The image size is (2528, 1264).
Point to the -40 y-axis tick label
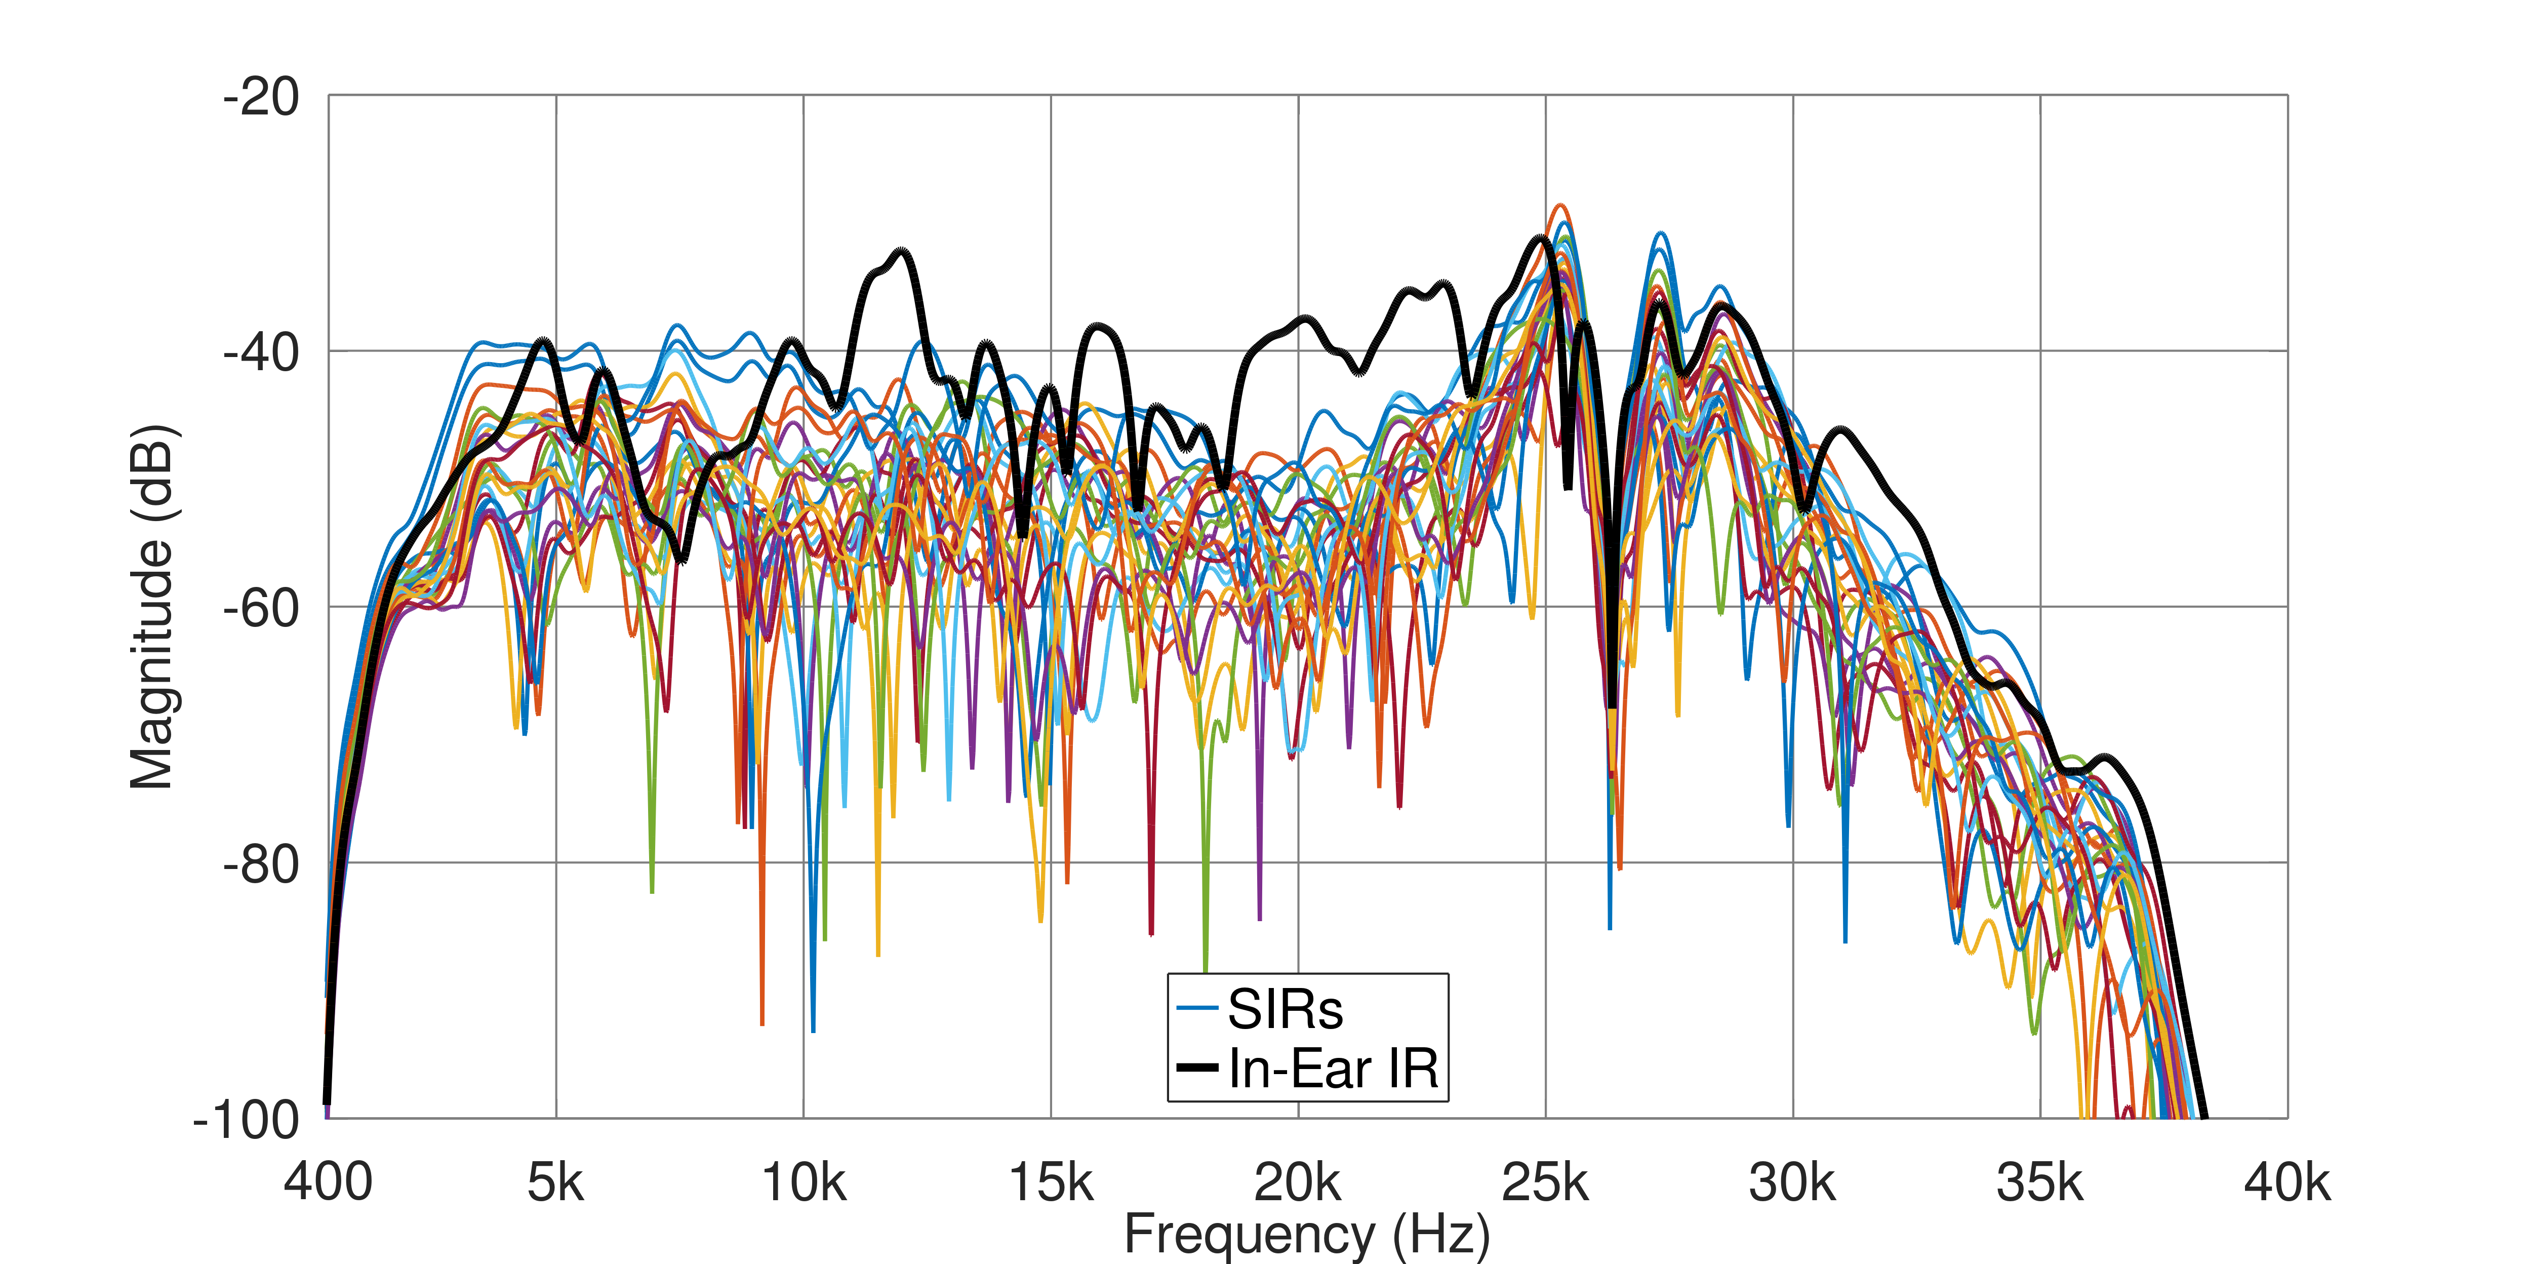(x=261, y=352)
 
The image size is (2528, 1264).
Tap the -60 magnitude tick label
(x=261, y=608)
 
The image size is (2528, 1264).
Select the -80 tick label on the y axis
(x=261, y=864)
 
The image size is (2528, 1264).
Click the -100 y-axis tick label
(x=247, y=1120)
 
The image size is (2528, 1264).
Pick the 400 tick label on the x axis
(x=328, y=1182)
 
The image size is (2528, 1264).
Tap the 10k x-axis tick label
(x=804, y=1182)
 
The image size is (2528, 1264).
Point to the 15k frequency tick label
(x=1051, y=1182)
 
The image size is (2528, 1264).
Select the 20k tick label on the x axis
(x=1298, y=1182)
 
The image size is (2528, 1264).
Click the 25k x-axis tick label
(x=1546, y=1182)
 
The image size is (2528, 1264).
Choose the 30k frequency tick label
(x=1793, y=1182)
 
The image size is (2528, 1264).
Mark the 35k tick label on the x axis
(x=2040, y=1182)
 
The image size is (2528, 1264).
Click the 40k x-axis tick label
(x=2288, y=1182)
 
